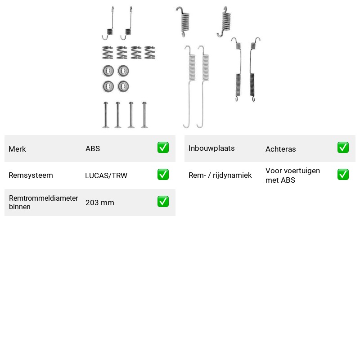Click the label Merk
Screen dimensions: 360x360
tap(17, 149)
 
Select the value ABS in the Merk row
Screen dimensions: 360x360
tap(93, 148)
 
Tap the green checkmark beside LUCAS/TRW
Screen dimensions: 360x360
tap(163, 175)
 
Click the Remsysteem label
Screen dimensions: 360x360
tap(31, 175)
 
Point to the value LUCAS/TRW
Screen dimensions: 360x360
tap(106, 175)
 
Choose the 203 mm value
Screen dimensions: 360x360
tap(99, 202)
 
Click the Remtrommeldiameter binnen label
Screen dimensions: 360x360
tap(43, 202)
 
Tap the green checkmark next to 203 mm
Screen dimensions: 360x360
tap(163, 201)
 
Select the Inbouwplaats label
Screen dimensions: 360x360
tap(211, 148)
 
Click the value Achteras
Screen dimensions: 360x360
tap(280, 149)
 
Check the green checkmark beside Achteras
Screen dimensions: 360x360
tap(343, 148)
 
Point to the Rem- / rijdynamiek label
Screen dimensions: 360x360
tap(220, 175)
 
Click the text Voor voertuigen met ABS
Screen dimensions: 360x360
tap(292, 175)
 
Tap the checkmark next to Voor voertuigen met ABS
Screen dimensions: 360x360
tap(343, 175)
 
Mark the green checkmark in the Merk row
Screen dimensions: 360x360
tap(163, 148)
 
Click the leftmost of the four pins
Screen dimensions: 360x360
tap(106, 115)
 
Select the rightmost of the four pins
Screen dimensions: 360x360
tap(144, 115)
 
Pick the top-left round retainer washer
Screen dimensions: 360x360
tap(108, 71)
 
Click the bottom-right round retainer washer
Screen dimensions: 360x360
tap(123, 86)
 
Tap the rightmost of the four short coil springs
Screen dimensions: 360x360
tap(150, 53)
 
